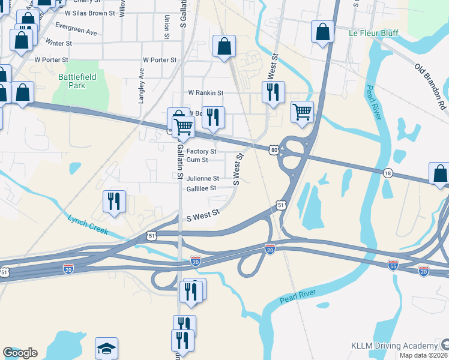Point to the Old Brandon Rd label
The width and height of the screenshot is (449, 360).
click(x=432, y=84)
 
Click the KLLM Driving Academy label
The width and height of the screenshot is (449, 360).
click(x=394, y=346)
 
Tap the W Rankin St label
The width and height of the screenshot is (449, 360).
click(x=205, y=93)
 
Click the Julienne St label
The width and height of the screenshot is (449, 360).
click(x=202, y=178)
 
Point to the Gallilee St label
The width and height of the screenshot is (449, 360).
click(x=200, y=188)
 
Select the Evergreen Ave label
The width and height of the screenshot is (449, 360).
click(x=76, y=29)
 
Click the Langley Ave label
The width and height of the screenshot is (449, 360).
click(x=142, y=86)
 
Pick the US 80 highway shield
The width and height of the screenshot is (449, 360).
click(x=274, y=149)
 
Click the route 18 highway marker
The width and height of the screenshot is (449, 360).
click(x=388, y=173)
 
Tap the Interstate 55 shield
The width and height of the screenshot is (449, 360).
click(x=393, y=264)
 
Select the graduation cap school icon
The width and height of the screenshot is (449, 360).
click(x=106, y=347)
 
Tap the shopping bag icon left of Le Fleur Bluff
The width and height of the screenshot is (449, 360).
click(x=322, y=32)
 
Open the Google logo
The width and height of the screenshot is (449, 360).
click(x=20, y=353)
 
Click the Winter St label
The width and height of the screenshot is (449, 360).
click(x=58, y=44)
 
